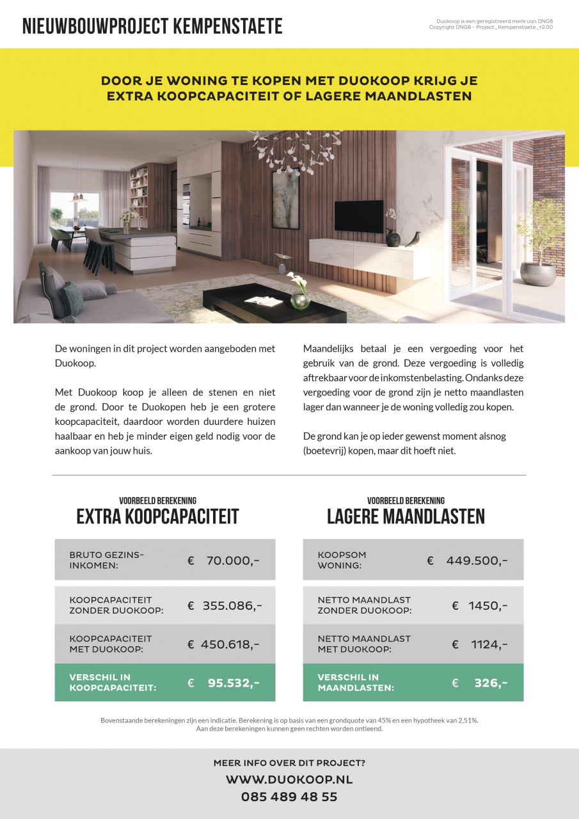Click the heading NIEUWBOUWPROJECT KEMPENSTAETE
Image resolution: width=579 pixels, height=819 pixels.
tap(152, 26)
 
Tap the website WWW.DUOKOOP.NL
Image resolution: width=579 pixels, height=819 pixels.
tap(289, 779)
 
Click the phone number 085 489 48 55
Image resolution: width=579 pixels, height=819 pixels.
tap(289, 797)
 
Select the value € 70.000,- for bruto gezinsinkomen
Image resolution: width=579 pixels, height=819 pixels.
tap(223, 561)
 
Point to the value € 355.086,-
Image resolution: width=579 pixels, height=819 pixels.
tap(224, 605)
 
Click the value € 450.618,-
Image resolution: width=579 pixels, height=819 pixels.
tap(224, 644)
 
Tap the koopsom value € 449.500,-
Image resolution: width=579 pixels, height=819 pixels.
tap(467, 561)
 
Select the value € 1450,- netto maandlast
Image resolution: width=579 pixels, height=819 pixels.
tap(479, 605)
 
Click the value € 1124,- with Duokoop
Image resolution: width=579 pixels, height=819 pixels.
tap(479, 644)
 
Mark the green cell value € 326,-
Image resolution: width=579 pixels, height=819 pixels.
tap(479, 683)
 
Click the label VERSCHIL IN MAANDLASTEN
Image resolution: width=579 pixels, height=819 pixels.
tap(356, 683)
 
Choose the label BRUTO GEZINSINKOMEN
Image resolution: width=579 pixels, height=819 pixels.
tap(107, 561)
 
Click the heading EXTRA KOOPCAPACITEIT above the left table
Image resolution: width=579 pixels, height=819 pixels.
tap(157, 516)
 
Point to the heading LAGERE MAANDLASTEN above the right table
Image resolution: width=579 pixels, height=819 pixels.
tap(406, 516)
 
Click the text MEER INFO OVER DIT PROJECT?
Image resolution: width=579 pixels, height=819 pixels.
tap(289, 763)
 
